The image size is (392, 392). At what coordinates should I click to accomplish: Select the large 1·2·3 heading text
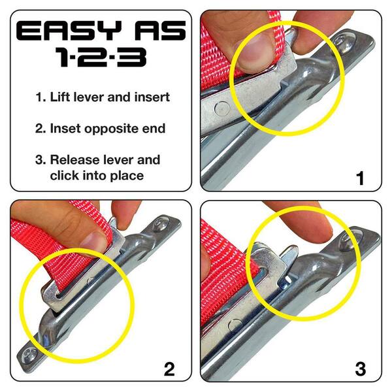(100, 58)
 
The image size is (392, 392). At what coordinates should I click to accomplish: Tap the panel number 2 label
(170, 369)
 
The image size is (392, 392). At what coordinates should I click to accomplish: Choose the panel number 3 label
(360, 369)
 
